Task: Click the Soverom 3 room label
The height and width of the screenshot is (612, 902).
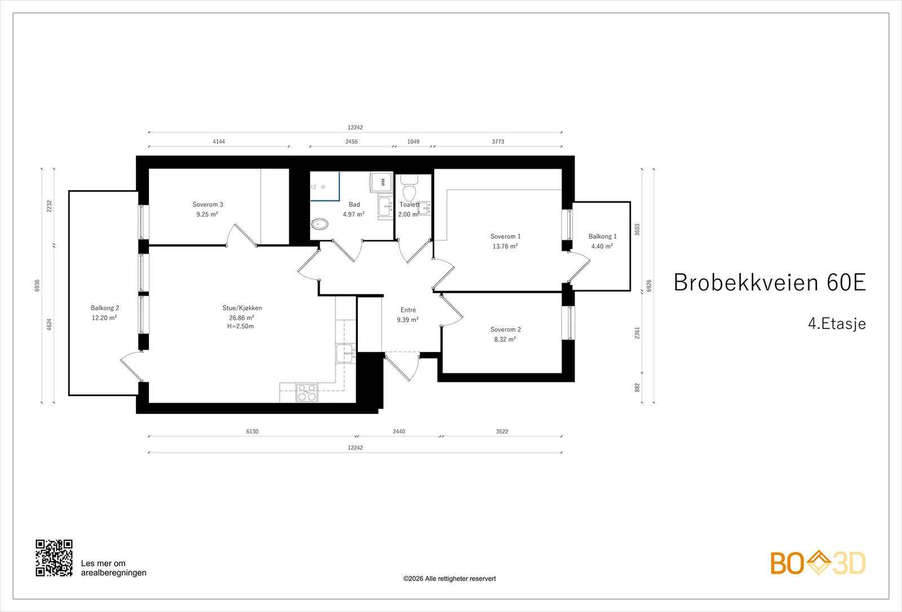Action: tap(208, 204)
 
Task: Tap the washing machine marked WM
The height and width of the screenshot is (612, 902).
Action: tap(381, 182)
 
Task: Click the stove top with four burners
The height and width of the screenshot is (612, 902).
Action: tap(307, 393)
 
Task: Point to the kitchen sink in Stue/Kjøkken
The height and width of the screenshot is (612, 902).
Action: tap(346, 353)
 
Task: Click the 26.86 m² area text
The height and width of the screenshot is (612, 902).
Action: tap(242, 318)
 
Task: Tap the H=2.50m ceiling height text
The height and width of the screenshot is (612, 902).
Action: tap(240, 327)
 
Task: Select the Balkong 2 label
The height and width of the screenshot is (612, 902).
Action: tap(105, 308)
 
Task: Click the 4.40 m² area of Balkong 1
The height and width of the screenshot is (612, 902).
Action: tap(602, 246)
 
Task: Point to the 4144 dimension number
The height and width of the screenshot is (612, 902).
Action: tap(219, 142)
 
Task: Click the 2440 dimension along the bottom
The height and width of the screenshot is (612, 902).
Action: tap(399, 431)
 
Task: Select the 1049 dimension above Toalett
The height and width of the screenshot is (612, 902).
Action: tap(413, 142)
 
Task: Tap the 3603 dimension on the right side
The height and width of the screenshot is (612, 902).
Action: tap(637, 230)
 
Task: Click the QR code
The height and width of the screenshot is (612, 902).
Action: tap(54, 558)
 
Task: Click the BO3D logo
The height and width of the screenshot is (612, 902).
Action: tap(818, 563)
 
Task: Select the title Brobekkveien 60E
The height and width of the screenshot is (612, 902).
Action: tap(770, 282)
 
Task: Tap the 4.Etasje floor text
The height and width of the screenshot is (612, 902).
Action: tap(837, 324)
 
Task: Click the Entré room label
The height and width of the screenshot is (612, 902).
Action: tap(408, 310)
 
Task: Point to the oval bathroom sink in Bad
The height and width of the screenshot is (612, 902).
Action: tap(320, 224)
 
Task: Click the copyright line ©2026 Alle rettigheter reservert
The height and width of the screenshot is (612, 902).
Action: tap(449, 579)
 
